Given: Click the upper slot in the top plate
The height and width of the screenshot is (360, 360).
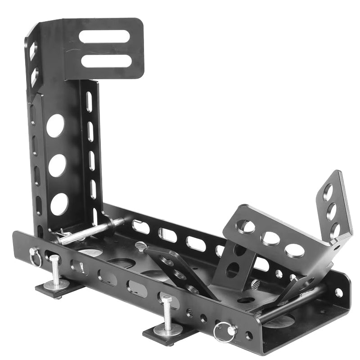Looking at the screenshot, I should click(x=104, y=36).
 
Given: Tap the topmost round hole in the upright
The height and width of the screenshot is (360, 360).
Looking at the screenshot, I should click(x=55, y=126).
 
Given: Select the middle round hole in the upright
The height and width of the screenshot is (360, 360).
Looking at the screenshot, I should click(x=57, y=166).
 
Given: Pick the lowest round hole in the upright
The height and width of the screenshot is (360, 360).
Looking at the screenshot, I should click(x=59, y=204).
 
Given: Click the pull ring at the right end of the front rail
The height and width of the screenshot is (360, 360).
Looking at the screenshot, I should click(x=223, y=333).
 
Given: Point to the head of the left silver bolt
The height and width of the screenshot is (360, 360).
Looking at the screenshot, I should click(x=54, y=258).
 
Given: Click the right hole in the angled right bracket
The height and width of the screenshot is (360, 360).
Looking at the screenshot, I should click(x=294, y=250).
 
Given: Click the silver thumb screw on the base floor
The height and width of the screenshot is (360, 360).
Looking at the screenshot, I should click(x=141, y=246).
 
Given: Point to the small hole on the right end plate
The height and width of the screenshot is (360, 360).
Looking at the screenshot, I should click(x=338, y=292).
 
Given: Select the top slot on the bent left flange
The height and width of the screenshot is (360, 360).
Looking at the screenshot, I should click(x=32, y=50).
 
